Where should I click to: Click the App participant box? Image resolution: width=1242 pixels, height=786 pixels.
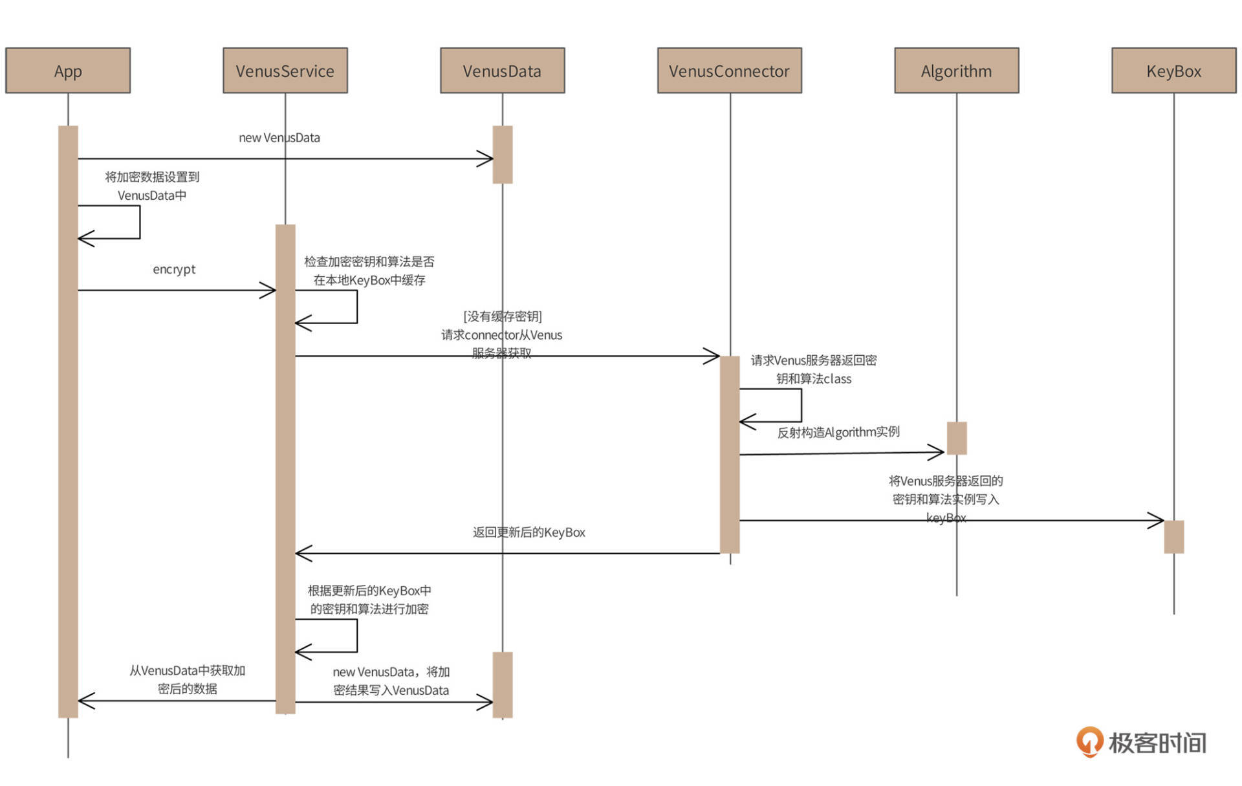tap(68, 71)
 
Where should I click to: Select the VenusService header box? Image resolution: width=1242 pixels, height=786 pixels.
tap(285, 71)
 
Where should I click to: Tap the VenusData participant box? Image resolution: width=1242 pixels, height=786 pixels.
tap(502, 71)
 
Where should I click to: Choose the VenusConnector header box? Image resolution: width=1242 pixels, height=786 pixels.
tap(729, 71)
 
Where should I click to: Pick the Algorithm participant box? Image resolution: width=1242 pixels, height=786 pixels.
tap(956, 71)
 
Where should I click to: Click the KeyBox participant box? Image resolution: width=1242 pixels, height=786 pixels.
tap(1173, 71)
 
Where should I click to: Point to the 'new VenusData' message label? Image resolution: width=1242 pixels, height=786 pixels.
tap(279, 138)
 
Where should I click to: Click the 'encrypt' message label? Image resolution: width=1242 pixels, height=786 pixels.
tap(174, 269)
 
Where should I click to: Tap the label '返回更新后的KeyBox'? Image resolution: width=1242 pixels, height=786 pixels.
tap(528, 532)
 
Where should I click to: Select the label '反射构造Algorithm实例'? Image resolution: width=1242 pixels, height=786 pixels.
tap(838, 432)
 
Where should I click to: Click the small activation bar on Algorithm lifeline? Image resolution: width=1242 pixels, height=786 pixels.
tap(957, 438)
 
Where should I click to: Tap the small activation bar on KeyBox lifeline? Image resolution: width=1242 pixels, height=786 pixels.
tap(1173, 536)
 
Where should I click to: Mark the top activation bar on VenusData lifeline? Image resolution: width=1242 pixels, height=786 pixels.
tap(503, 155)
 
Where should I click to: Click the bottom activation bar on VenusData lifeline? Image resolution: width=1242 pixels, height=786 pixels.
tap(503, 684)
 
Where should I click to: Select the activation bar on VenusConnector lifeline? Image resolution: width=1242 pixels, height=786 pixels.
tap(730, 454)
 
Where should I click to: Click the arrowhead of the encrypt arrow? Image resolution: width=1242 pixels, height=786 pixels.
tap(268, 290)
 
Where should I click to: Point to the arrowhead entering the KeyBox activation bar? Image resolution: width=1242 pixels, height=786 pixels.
tap(1157, 520)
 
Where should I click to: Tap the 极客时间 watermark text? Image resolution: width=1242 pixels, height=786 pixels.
tap(1158, 743)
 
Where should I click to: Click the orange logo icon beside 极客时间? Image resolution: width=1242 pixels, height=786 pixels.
tap(1089, 741)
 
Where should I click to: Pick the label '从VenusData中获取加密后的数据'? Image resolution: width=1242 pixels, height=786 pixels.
tap(188, 679)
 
